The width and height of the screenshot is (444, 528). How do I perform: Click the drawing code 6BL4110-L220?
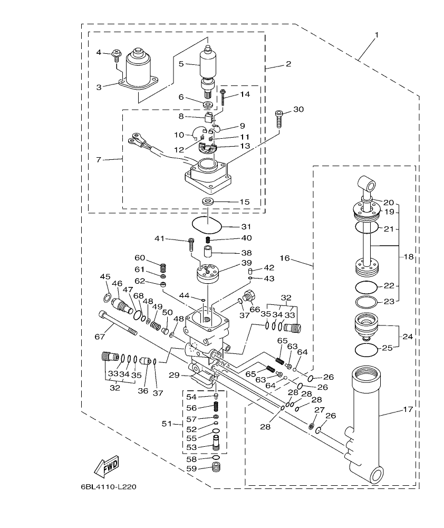point(109,487)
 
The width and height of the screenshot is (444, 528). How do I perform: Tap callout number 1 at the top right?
point(377,35)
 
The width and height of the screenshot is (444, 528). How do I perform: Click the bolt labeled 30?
point(279,119)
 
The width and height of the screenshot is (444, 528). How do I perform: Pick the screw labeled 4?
point(116,55)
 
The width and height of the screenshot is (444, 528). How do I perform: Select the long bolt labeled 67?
point(117,323)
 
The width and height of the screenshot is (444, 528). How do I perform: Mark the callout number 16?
point(285,259)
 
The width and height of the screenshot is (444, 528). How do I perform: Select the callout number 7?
point(100,159)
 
